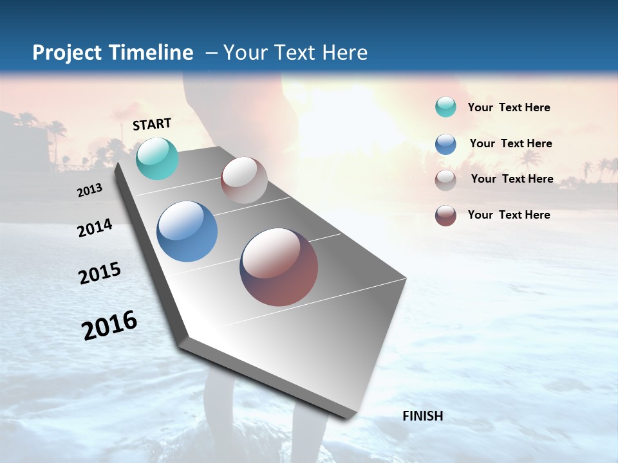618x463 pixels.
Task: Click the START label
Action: [x=152, y=124]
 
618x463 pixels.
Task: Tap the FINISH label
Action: [x=422, y=416]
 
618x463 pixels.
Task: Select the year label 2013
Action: [x=89, y=190]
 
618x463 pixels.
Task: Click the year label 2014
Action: [x=95, y=228]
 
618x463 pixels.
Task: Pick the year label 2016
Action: [x=109, y=325]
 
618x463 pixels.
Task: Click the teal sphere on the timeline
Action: [x=157, y=158]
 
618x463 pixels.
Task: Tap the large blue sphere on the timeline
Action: [x=187, y=231]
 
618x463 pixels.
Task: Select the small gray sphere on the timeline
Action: [x=244, y=180]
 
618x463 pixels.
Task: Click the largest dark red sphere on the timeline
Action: [x=279, y=267]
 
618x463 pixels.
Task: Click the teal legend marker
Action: [x=445, y=107]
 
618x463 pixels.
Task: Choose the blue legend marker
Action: [x=445, y=144]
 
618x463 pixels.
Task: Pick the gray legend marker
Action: [x=445, y=180]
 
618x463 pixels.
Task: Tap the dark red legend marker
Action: [x=445, y=215]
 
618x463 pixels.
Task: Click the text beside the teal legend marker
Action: [x=509, y=108]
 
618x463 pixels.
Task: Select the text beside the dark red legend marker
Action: [x=509, y=215]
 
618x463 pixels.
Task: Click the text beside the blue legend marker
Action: [x=510, y=143]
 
